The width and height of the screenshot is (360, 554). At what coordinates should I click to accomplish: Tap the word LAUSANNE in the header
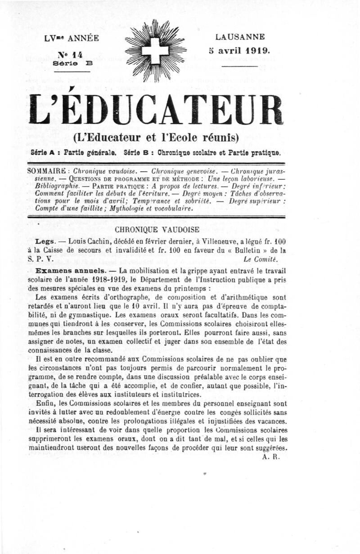(240, 37)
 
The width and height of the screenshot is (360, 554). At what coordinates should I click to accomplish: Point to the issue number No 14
(71, 54)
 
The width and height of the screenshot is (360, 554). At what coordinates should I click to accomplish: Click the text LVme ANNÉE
(72, 38)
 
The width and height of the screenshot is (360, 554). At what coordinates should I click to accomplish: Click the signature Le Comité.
(260, 259)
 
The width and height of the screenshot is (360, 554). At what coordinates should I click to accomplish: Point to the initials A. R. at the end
(270, 456)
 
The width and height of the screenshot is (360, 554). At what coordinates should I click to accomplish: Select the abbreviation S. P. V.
(40, 259)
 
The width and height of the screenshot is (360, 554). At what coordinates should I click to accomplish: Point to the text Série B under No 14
(72, 64)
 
